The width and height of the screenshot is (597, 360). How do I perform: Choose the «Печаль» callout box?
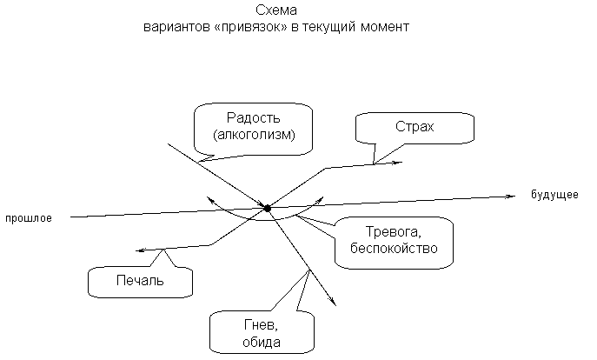coord(139,281)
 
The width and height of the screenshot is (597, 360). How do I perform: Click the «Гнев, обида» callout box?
coord(260,333)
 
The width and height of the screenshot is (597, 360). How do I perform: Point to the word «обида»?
coord(260,343)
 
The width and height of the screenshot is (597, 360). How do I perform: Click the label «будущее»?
coord(554,195)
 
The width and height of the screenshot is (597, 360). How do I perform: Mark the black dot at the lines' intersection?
coord(267,208)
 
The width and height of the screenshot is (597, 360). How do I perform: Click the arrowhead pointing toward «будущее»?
coord(508,196)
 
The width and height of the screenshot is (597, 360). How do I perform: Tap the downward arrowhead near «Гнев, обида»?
coord(333,303)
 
